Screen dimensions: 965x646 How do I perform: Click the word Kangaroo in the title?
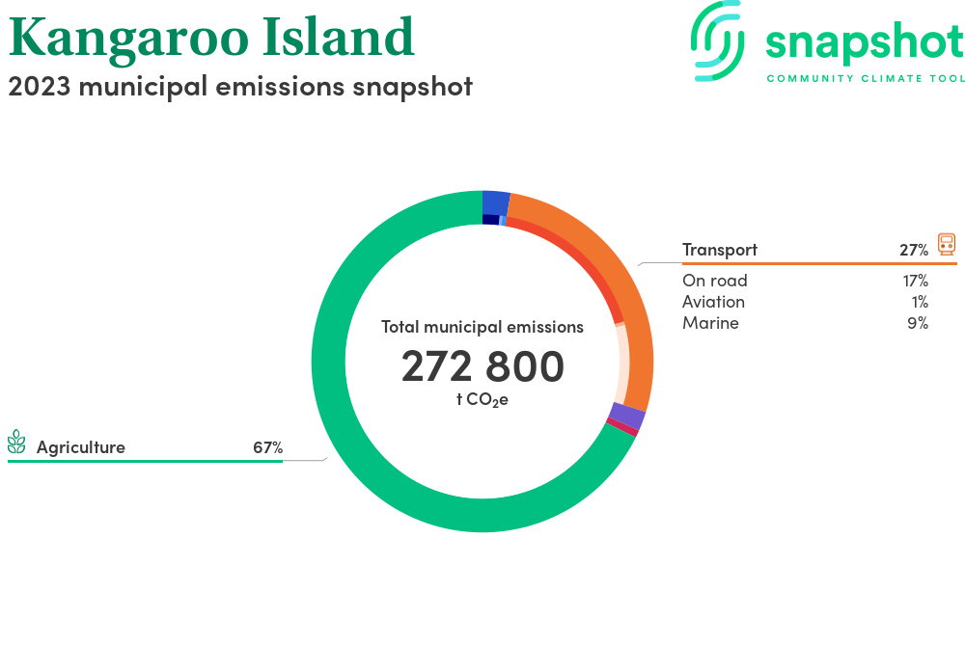(x=128, y=40)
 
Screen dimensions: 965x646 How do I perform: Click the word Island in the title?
(x=339, y=37)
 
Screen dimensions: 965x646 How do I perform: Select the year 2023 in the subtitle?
(x=40, y=87)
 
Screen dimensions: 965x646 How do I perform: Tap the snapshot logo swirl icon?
(x=717, y=40)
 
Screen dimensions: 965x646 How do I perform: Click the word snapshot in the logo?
(x=865, y=43)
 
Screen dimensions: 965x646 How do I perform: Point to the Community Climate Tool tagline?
(x=866, y=78)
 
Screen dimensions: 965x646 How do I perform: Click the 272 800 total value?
(x=482, y=366)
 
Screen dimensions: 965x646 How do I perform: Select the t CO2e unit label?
(x=482, y=400)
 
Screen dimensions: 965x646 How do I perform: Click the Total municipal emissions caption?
(x=482, y=327)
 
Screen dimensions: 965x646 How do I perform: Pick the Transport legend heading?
(x=720, y=250)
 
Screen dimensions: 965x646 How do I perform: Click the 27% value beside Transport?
(x=914, y=250)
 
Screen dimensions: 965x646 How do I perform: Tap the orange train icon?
(x=947, y=244)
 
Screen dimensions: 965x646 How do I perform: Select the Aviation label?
(x=713, y=302)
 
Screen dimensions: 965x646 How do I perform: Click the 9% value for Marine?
(x=918, y=323)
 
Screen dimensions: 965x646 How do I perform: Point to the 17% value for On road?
(x=916, y=281)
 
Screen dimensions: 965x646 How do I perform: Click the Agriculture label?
(x=81, y=447)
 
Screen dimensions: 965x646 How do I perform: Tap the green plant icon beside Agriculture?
(x=16, y=442)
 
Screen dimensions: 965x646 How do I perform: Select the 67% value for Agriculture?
(x=267, y=447)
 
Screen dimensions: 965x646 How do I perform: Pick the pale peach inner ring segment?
(x=622, y=363)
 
